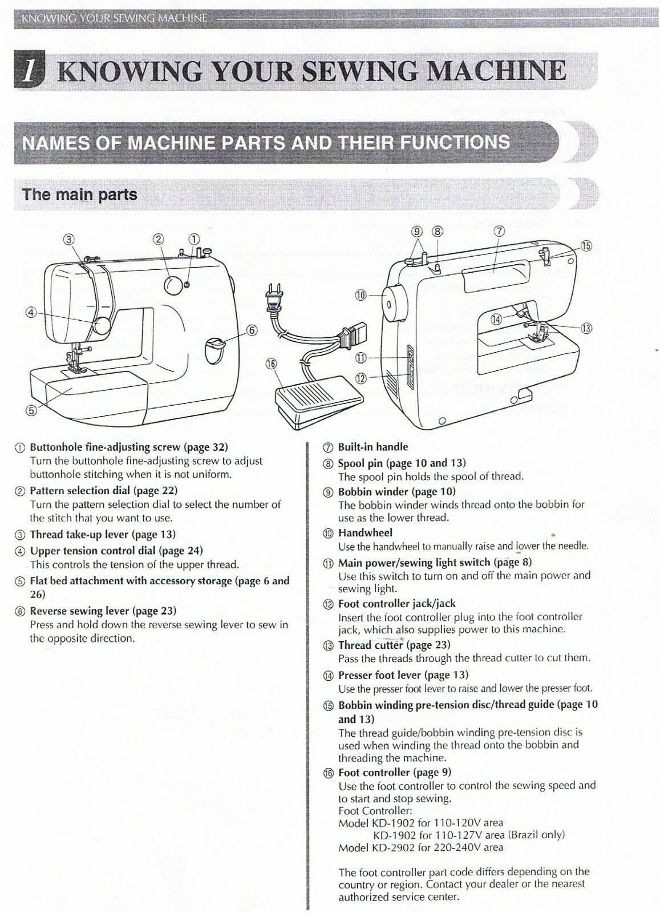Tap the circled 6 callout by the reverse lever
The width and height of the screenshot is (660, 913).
point(253,330)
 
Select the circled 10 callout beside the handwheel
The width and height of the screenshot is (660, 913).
point(361,295)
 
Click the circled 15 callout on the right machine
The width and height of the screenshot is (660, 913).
point(585,246)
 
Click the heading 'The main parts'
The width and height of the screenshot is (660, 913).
point(80,195)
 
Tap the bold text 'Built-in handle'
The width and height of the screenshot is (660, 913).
point(372,447)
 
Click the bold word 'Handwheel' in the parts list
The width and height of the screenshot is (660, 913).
point(366,533)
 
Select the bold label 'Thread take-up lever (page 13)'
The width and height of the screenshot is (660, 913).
point(103,534)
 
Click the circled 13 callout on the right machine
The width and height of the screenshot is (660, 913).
point(585,328)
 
